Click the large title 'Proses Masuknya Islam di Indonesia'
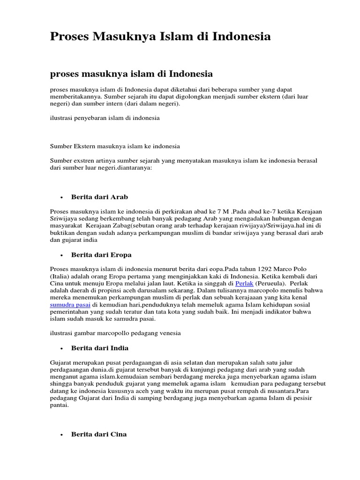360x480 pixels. tap(160, 37)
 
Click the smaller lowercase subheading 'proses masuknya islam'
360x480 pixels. tap(131, 74)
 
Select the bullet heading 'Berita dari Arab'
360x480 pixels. tap(99, 197)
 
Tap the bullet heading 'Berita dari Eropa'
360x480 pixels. tap(101, 255)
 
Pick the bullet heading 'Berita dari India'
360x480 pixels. tap(100, 348)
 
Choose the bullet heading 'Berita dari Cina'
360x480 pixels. tap(99, 435)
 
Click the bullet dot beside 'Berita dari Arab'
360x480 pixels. tap(61, 197)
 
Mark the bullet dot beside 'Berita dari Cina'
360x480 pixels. tap(61, 435)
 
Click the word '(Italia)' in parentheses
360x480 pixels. tap(60, 277)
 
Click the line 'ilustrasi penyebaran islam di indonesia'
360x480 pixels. tap(105, 118)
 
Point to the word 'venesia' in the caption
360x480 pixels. tap(171, 333)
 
